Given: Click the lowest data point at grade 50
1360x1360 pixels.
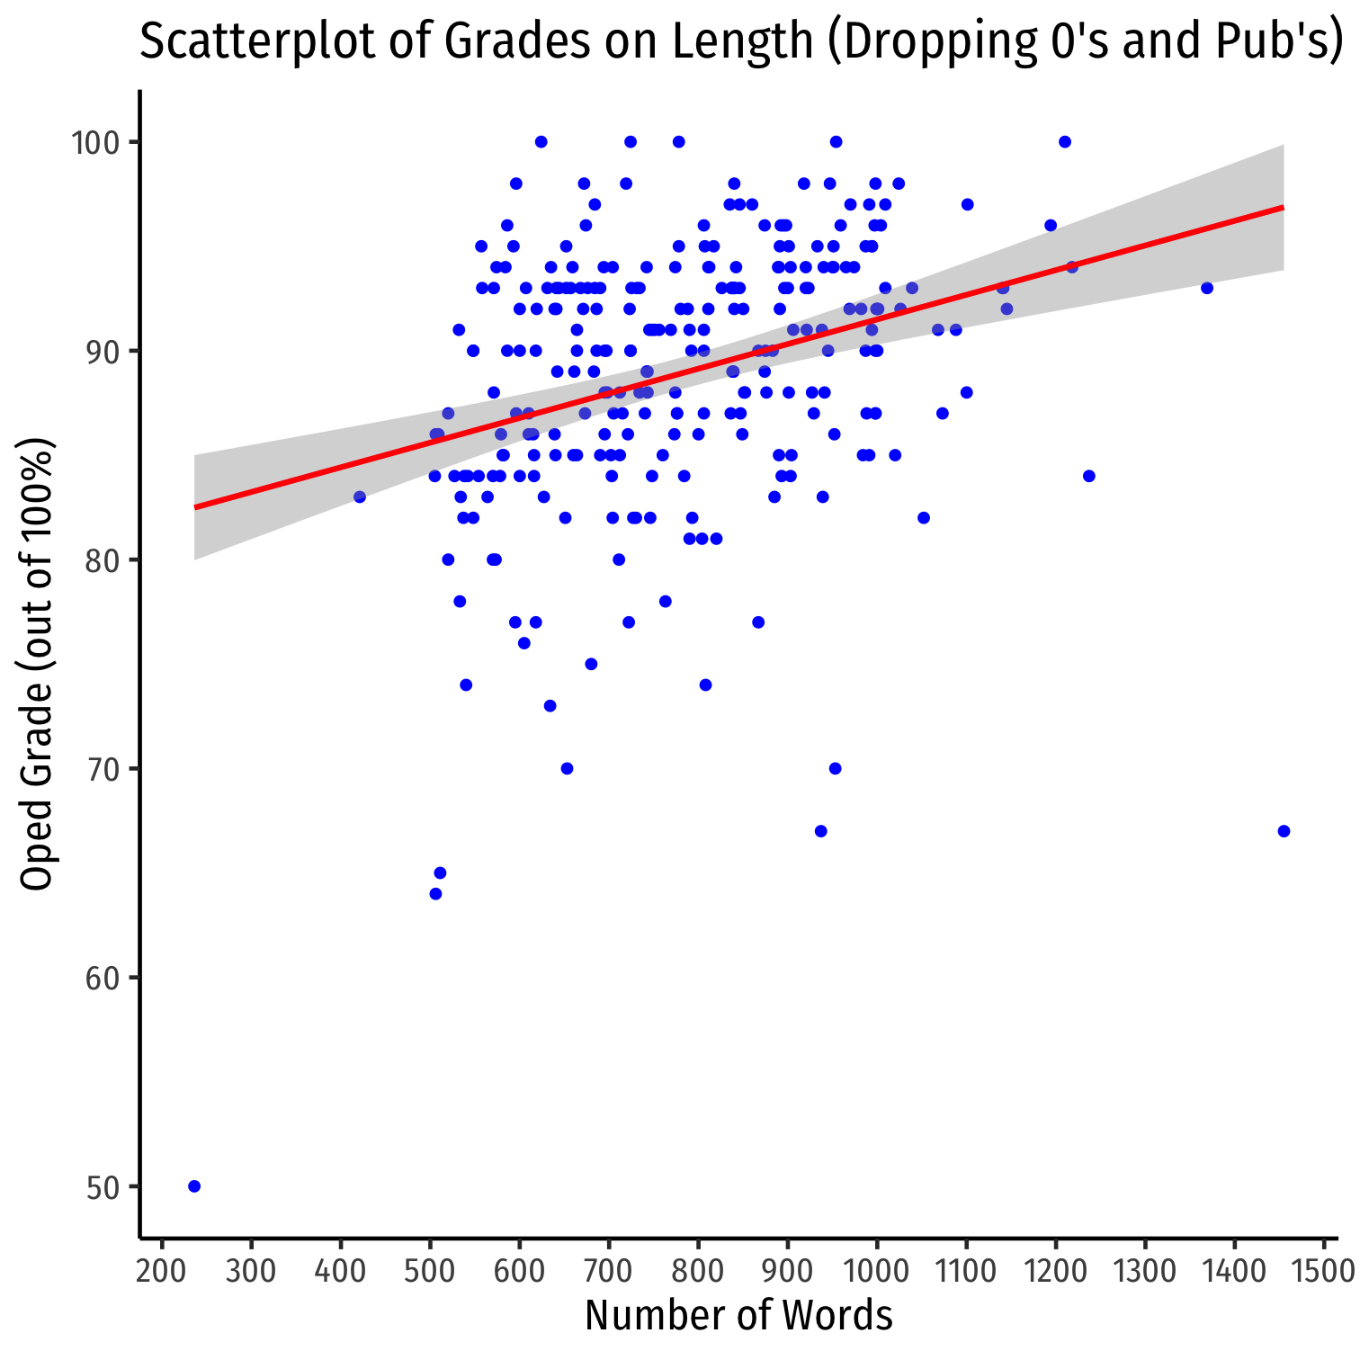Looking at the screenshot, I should click(194, 1186).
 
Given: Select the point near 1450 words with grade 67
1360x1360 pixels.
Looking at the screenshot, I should click(1284, 831).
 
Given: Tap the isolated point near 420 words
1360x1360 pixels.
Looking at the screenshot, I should click(360, 497).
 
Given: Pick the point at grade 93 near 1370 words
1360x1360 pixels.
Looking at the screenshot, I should click(1207, 288).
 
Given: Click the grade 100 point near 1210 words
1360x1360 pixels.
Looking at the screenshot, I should click(1065, 142).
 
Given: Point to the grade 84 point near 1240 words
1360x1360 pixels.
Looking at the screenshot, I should click(1089, 476).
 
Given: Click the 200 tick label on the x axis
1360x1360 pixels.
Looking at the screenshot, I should click(162, 1272).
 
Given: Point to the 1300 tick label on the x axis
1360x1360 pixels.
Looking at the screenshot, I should click(1145, 1272).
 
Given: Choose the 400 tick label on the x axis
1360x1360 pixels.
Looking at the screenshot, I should click(341, 1272).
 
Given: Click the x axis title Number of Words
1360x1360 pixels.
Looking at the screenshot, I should click(738, 1316).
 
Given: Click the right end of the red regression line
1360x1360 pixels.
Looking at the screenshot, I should click(1282, 208).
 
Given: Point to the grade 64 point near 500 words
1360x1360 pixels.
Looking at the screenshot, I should click(435, 894).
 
